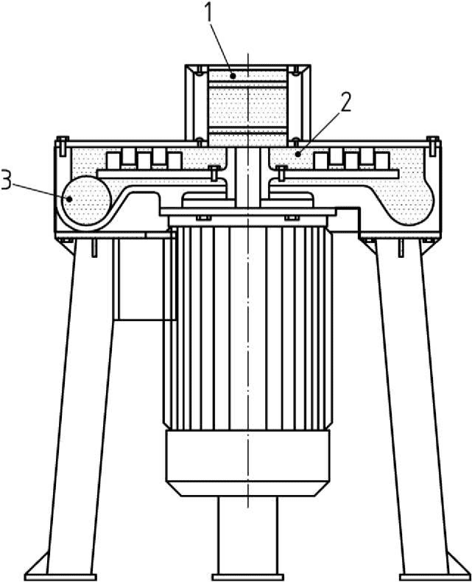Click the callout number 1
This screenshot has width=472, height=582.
pyautogui.click(x=209, y=13)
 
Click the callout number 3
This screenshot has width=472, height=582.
pyautogui.click(x=7, y=179)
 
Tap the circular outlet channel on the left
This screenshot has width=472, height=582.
pyautogui.click(x=86, y=200)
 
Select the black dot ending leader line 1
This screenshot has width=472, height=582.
pyautogui.click(x=233, y=77)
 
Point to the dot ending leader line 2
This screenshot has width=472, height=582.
pyautogui.click(x=297, y=153)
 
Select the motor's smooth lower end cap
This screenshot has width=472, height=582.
pyautogui.click(x=247, y=463)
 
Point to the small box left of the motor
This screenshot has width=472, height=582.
pyautogui.click(x=142, y=278)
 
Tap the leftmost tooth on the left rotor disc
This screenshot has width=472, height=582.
pyautogui.click(x=113, y=161)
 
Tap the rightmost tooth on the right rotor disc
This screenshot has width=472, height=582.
pyautogui.click(x=381, y=161)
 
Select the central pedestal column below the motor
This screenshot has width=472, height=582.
pyautogui.click(x=247, y=535)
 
